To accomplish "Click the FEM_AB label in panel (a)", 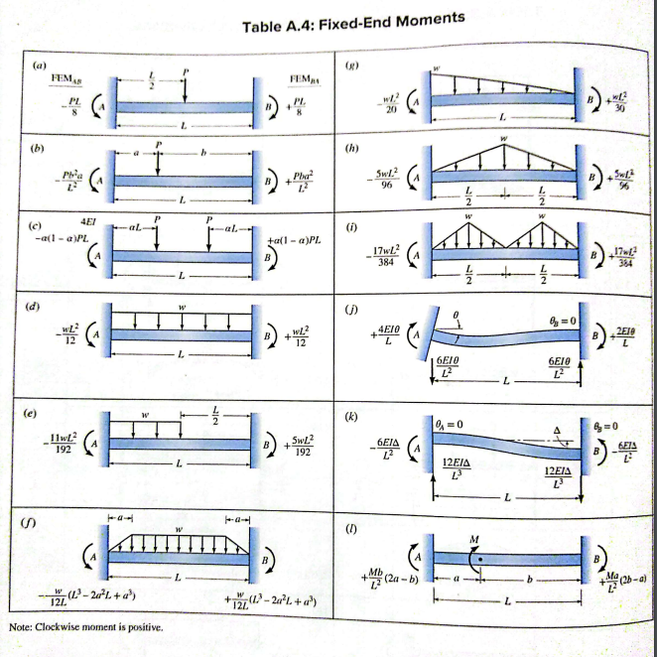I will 66,80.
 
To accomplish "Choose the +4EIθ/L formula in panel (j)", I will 388,335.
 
